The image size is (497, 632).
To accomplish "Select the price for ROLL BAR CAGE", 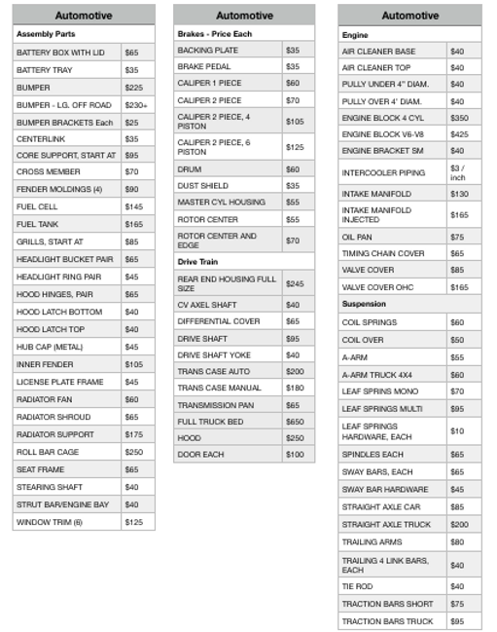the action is [x=133, y=453].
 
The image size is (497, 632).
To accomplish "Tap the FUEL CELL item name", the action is [x=37, y=206].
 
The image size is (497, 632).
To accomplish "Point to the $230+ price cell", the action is [x=136, y=104].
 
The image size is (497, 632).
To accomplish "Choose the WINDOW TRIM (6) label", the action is [x=50, y=522].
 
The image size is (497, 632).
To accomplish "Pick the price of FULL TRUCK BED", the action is [x=294, y=422].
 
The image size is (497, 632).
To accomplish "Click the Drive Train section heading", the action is [x=197, y=262].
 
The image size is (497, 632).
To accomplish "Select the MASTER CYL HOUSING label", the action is [x=221, y=202].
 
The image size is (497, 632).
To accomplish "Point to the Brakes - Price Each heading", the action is [x=215, y=34].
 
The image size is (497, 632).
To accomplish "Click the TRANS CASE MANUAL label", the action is [x=221, y=388].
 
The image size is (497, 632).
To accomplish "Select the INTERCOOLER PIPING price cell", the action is [x=458, y=172].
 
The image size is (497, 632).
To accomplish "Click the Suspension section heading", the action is [x=365, y=304].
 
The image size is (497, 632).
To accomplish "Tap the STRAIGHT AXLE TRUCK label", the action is [x=386, y=524].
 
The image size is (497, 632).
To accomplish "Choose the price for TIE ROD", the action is [x=457, y=586].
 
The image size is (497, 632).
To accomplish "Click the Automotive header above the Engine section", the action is [x=409, y=16].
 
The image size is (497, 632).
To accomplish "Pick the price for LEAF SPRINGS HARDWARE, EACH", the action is [x=457, y=430].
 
